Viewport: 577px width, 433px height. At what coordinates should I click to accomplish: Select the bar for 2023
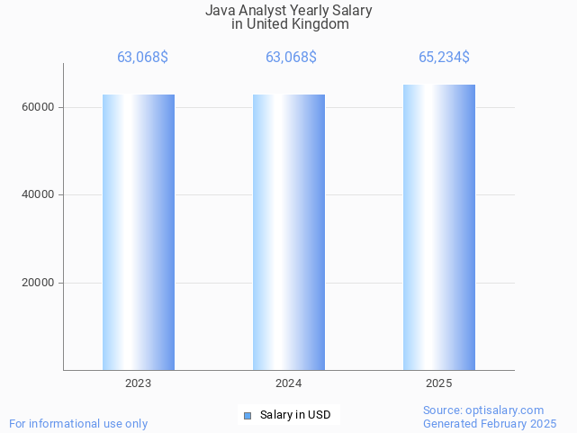point(138,232)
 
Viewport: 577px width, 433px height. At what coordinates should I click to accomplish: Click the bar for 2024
point(288,232)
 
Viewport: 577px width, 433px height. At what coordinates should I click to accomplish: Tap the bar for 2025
point(438,228)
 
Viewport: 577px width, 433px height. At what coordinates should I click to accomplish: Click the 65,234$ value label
point(444,58)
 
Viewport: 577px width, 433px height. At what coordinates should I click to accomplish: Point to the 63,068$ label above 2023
point(142,58)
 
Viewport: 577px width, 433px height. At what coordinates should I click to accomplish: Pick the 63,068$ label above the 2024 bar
point(291,58)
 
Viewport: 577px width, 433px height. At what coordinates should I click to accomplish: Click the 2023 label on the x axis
point(138,383)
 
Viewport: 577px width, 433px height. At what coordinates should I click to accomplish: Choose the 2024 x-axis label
point(288,383)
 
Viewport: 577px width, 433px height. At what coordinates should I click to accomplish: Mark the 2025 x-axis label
point(438,383)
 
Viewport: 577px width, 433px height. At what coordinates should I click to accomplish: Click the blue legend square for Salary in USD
point(248,415)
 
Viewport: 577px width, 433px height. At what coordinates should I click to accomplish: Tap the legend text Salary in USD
point(295,415)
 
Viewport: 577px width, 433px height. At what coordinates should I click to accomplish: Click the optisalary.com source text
point(483,410)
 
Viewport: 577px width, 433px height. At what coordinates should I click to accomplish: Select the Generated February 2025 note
point(490,424)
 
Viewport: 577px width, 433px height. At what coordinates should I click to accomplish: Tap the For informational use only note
point(78,424)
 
